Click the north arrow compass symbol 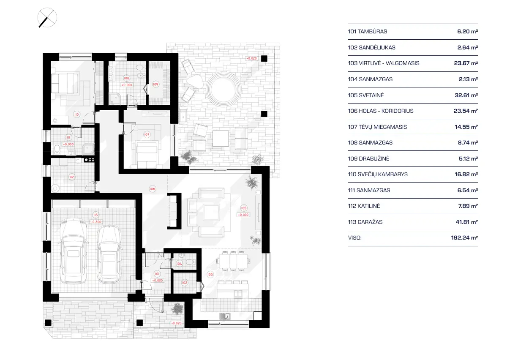47,19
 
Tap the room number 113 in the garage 95,215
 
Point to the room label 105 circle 243,207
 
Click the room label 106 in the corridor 153,188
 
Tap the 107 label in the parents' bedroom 147,134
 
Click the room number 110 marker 76,114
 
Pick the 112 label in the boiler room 72,177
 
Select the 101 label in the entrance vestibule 157,273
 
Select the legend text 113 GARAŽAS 365,222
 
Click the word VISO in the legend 355,238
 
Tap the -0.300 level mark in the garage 96,222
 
